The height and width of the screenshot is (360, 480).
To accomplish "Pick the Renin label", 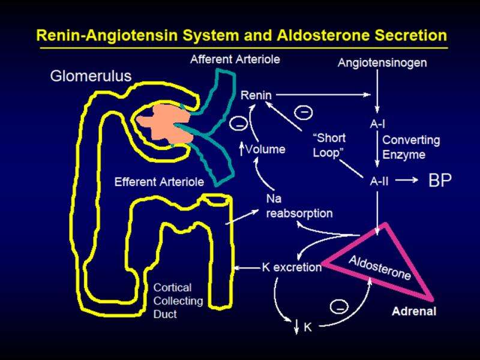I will click(256, 94).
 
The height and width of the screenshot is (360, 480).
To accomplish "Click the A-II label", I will click(378, 179).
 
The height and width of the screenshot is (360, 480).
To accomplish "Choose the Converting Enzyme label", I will click(411, 147).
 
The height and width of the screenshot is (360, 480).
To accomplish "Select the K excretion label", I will click(292, 266).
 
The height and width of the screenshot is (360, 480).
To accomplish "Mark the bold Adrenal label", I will click(415, 311).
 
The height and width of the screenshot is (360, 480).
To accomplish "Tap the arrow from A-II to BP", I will click(407, 180).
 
